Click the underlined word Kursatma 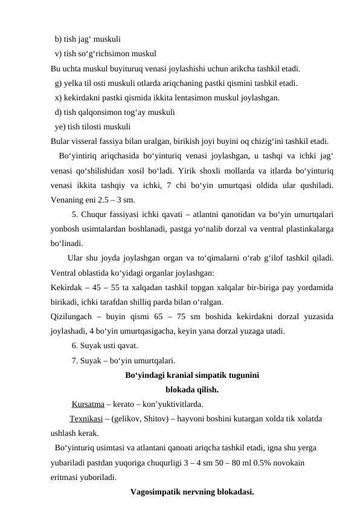click(88, 404)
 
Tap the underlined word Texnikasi click(87, 418)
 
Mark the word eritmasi click(66, 476)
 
